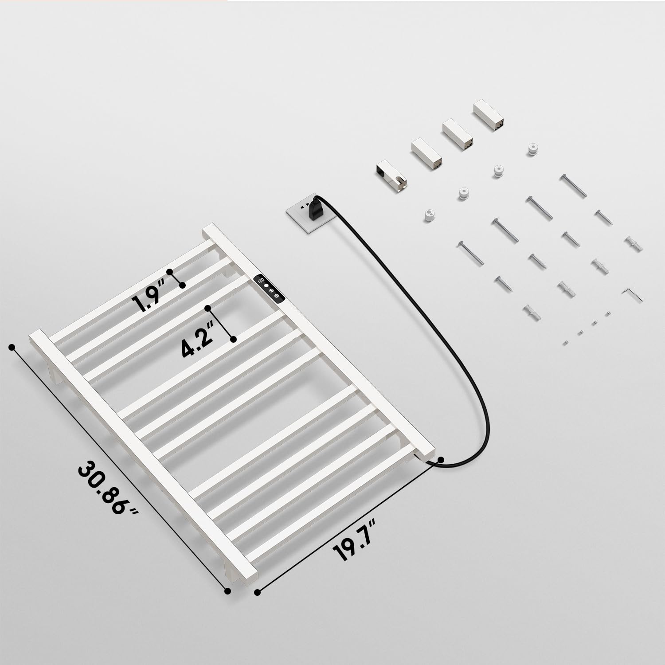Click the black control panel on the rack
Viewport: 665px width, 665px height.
(269, 289)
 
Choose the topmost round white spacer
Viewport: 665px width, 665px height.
(532, 150)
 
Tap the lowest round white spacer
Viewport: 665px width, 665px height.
(429, 216)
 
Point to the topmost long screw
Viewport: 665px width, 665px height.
(573, 185)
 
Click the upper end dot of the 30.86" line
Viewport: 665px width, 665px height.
(12, 347)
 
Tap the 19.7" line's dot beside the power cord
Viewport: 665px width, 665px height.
(441, 460)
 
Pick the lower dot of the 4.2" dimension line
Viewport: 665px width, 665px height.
(233, 339)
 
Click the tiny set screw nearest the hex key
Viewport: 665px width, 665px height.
(608, 314)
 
